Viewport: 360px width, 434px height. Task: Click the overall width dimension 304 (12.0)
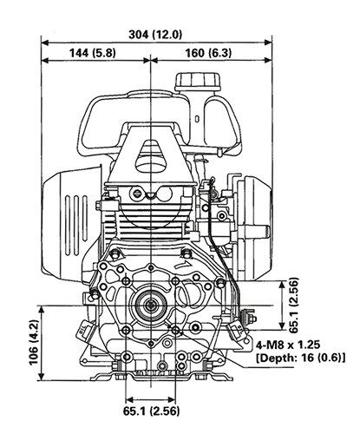[x=154, y=35]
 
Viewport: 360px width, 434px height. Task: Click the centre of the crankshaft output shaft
[x=153, y=306]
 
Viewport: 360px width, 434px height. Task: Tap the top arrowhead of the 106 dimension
[x=43, y=307]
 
